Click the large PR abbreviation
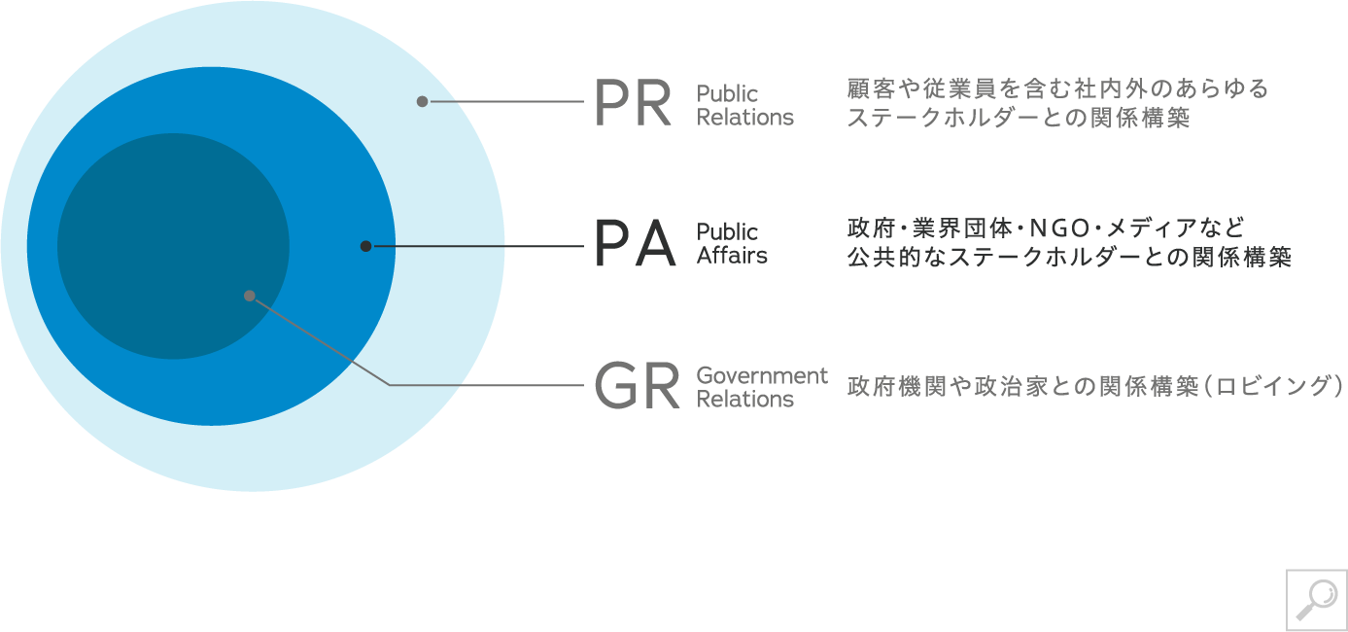click(633, 104)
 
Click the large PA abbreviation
click(634, 245)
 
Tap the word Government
click(762, 375)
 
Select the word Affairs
click(732, 256)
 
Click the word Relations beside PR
click(745, 118)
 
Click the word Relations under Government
click(745, 399)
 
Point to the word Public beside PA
click(727, 232)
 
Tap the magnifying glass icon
click(1316, 599)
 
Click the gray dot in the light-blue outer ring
click(422, 101)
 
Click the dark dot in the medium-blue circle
click(365, 246)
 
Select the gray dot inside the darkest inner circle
click(250, 296)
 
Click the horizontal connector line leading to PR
click(505, 101)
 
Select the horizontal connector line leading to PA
click(476, 246)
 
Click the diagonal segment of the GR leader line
click(321, 340)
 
